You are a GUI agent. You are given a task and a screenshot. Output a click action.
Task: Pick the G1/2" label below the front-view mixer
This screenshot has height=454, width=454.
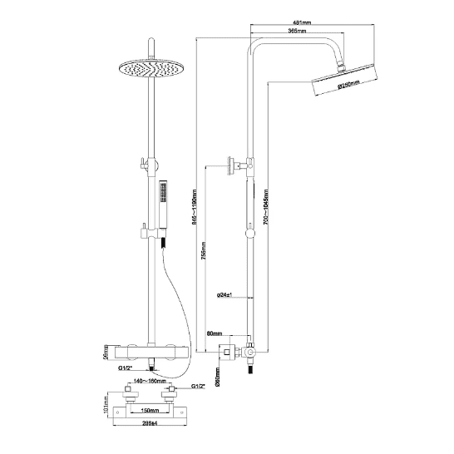(x=126, y=366)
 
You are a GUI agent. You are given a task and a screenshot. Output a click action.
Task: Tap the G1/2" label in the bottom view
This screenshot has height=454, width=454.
(x=198, y=387)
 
